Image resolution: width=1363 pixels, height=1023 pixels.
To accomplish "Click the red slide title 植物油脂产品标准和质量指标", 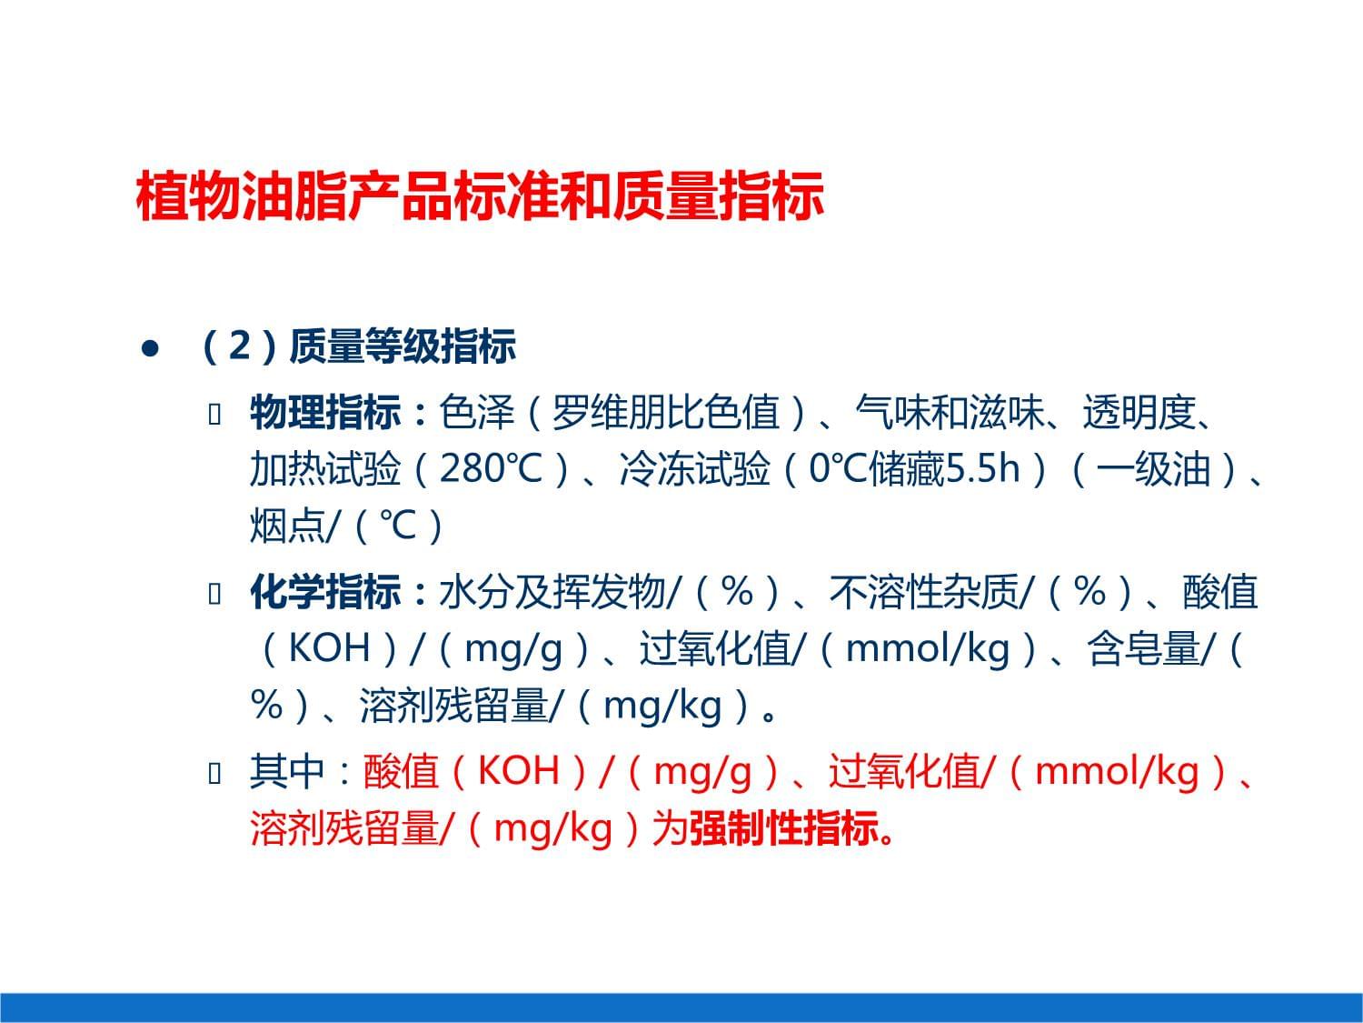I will pyautogui.click(x=480, y=196).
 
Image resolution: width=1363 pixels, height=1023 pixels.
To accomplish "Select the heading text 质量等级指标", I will pyautogui.click(x=402, y=347).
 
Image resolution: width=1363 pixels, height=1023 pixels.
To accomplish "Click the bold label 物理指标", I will pyautogui.click(x=324, y=413).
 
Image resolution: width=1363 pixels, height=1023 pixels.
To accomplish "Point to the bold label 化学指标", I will pyautogui.click(x=324, y=593).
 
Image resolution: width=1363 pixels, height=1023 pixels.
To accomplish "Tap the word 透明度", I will pyautogui.click(x=1138, y=413).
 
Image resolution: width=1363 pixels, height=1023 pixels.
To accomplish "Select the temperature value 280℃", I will pyautogui.click(x=491, y=469).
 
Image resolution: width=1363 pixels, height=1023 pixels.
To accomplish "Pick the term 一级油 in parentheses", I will pyautogui.click(x=1154, y=469).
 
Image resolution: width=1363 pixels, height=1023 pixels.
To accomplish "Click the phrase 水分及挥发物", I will pyautogui.click(x=552, y=593).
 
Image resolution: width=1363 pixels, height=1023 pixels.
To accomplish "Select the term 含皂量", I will pyautogui.click(x=1143, y=649).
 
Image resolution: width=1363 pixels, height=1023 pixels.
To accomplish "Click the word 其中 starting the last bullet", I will pyautogui.click(x=286, y=771).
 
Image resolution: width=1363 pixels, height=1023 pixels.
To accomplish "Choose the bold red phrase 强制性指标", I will pyautogui.click(x=783, y=827).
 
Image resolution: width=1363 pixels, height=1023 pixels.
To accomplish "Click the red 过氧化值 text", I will pyautogui.click(x=903, y=771).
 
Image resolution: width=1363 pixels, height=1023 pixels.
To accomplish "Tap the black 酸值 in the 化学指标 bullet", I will pyautogui.click(x=1219, y=593).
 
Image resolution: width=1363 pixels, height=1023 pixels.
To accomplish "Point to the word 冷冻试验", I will pyautogui.click(x=695, y=469).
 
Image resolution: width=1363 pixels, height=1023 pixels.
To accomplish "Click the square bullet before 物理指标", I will pyautogui.click(x=215, y=415).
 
